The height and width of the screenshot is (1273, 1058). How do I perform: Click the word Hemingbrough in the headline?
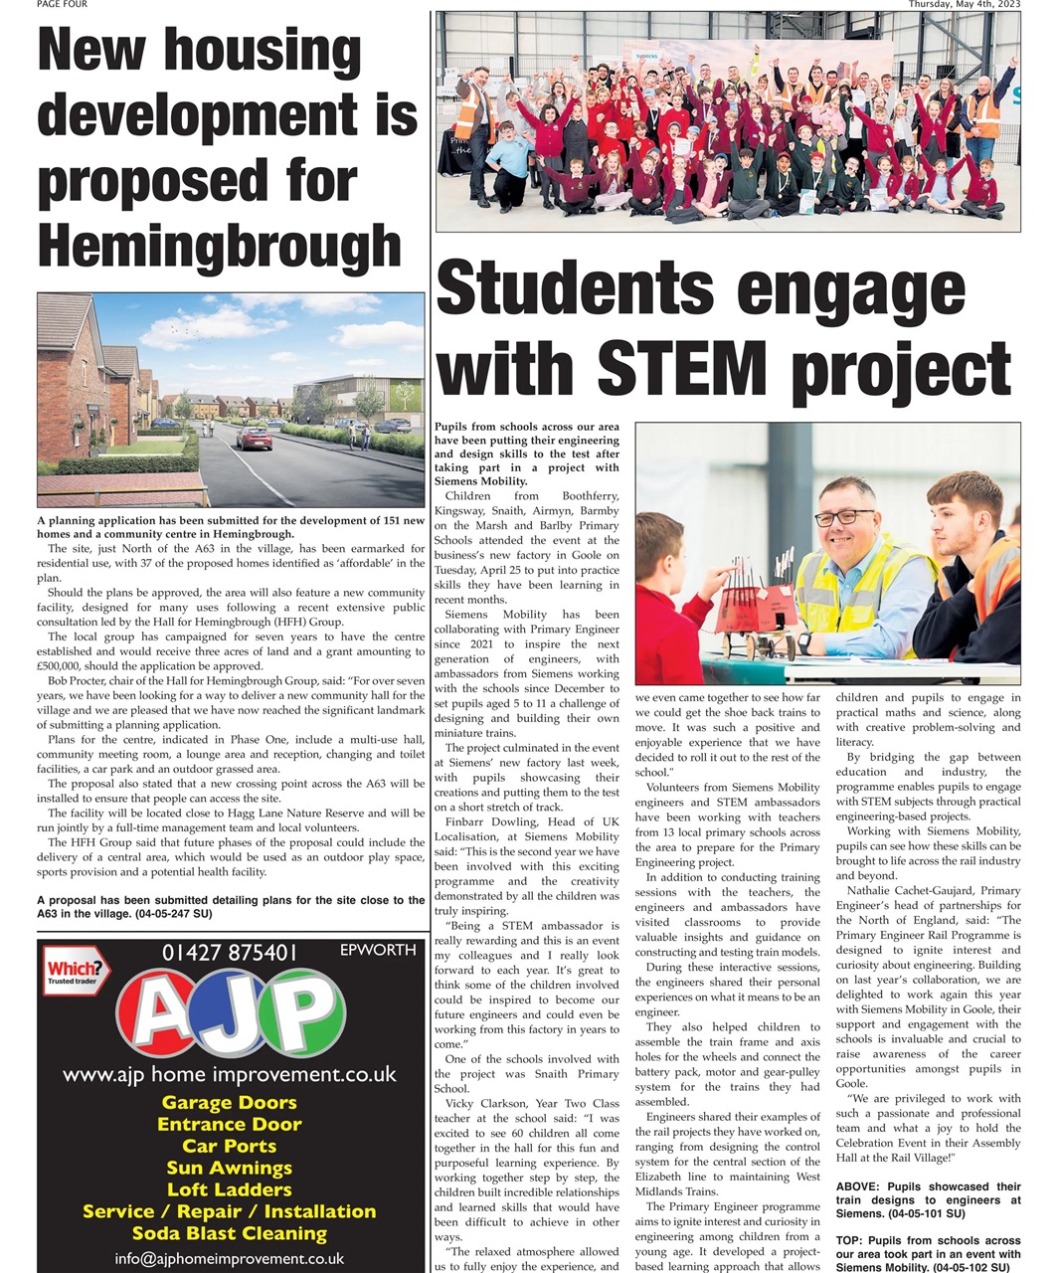pyautogui.click(x=219, y=244)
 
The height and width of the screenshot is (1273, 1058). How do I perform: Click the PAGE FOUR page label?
pyautogui.click(x=62, y=5)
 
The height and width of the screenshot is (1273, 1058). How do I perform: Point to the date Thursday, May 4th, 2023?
pyautogui.click(x=964, y=5)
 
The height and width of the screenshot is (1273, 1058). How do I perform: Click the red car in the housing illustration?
pyautogui.click(x=254, y=437)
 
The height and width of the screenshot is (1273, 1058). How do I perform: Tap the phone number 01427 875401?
pyautogui.click(x=230, y=953)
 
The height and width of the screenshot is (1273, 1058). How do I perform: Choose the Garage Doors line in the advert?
pyautogui.click(x=229, y=1102)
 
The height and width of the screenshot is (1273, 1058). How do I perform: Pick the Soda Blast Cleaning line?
pyautogui.click(x=229, y=1233)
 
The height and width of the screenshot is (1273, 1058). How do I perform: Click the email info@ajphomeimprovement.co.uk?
pyautogui.click(x=229, y=1258)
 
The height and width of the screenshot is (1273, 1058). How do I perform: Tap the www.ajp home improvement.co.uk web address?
pyautogui.click(x=229, y=1074)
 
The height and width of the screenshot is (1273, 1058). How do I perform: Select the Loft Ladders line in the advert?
pyautogui.click(x=229, y=1189)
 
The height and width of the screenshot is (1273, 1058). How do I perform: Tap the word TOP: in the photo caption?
pyautogui.click(x=850, y=1240)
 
